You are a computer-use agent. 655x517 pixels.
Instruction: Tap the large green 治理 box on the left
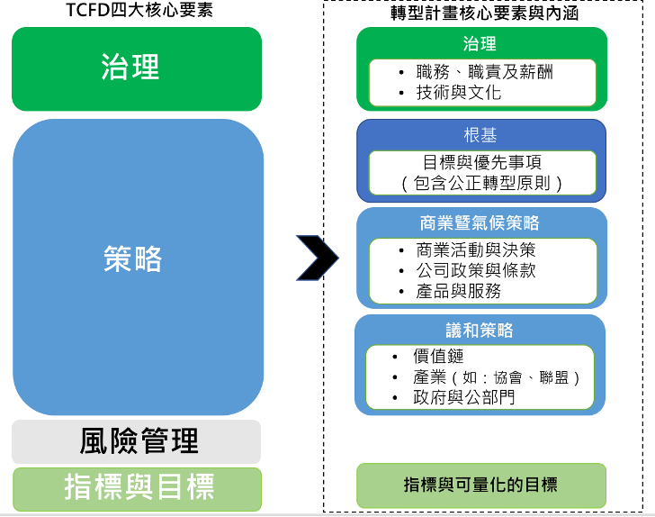pos(137,68)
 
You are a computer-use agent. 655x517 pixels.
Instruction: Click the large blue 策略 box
pos(137,261)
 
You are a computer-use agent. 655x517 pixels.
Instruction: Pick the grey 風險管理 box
pos(137,441)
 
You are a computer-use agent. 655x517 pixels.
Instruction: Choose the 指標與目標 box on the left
pos(137,487)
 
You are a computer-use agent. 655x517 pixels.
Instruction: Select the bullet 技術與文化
pos(459,93)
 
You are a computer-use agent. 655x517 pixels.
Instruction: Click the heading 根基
pos(480,136)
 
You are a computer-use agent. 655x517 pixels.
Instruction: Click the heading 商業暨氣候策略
pos(480,222)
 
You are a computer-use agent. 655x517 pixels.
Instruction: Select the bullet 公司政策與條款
pos(476,270)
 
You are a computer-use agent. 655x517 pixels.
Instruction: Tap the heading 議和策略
pos(480,330)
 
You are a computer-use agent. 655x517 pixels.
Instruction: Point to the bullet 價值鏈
pos(439,357)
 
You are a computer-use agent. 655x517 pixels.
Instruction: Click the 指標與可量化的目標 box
pos(480,485)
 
